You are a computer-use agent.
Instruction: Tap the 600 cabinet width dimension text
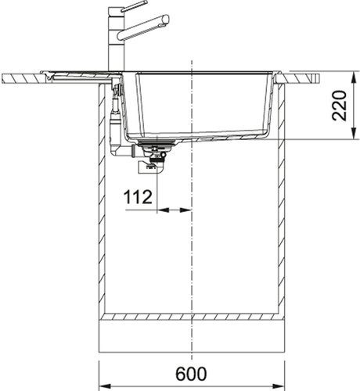pyautogui.click(x=193, y=375)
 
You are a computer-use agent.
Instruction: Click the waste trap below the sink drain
pyautogui.click(x=150, y=163)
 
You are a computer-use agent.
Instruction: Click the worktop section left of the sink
pyautogui.click(x=31, y=78)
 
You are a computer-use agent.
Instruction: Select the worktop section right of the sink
pyautogui.click(x=301, y=78)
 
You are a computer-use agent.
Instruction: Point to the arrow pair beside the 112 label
pyautogui.click(x=174, y=209)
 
